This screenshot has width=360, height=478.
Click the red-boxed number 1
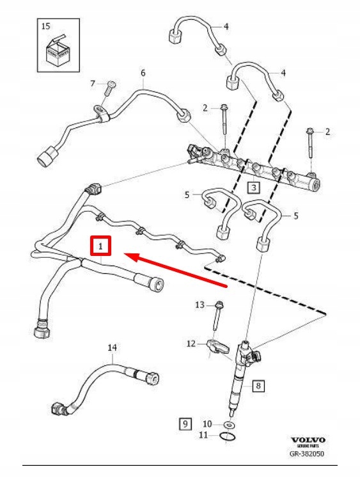100,246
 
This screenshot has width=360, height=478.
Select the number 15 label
44,26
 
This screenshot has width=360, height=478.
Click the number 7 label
92,84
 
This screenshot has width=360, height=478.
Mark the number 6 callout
143,73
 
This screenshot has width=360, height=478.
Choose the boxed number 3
253,187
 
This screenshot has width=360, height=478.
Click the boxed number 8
258,386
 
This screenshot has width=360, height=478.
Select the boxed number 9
185,423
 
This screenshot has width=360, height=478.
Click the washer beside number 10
228,425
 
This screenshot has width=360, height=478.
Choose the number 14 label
112,347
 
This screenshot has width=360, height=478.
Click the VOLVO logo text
308,440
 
